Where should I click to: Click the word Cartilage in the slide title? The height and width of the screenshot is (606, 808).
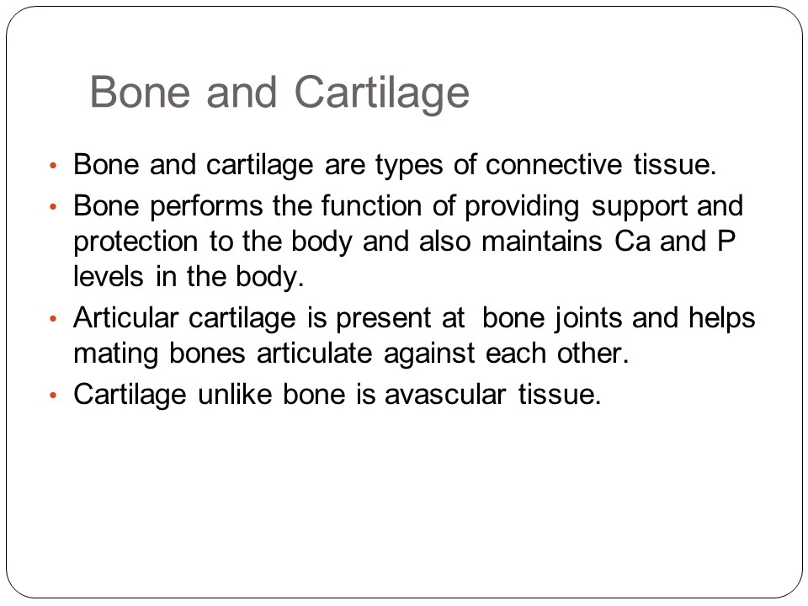[x=382, y=93]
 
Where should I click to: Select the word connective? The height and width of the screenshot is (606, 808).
[x=554, y=164]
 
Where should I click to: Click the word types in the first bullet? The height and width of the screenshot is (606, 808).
[x=409, y=166]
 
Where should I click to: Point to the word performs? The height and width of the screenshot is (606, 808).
[x=207, y=207]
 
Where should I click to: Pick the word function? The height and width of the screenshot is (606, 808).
[x=371, y=205]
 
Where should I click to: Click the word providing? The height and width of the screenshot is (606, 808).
[x=522, y=207]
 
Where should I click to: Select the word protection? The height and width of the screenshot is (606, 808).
[x=136, y=242]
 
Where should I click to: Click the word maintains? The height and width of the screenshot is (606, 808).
[x=541, y=242]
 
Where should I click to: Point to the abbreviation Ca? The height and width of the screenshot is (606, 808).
[x=632, y=242]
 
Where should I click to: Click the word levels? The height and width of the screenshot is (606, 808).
[x=109, y=277]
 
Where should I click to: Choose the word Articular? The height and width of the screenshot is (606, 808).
[x=125, y=317]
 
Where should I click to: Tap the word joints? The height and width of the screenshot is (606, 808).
[x=588, y=319]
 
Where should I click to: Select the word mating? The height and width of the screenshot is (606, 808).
[x=115, y=354]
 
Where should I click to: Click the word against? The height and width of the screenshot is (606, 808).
[x=428, y=354]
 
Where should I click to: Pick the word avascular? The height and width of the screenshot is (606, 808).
[x=445, y=395]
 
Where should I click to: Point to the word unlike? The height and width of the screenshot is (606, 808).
[x=235, y=394]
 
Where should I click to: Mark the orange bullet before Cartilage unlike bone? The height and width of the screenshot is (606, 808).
[x=52, y=396]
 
